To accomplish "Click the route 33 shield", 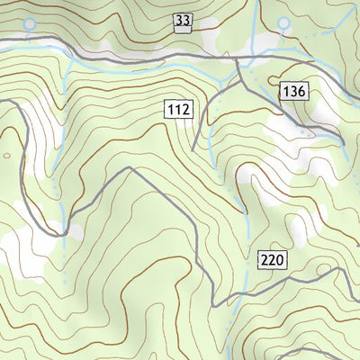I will point(183,21).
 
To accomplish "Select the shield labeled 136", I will point(294,91).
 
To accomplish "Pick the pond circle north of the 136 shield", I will point(284,21).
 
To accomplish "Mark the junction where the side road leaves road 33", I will point(237,61).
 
